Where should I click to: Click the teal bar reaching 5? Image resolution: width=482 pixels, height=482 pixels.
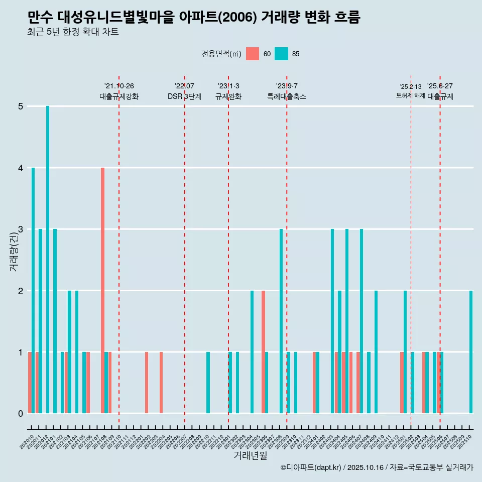48,260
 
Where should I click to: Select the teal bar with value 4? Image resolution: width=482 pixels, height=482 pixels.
33,290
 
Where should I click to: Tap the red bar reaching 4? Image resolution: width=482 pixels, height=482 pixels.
102,290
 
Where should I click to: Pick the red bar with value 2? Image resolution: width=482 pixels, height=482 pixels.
263,351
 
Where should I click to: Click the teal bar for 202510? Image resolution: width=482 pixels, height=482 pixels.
471,351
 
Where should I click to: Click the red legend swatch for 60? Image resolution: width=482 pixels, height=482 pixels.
253,54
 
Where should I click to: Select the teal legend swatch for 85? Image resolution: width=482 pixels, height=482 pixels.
281,54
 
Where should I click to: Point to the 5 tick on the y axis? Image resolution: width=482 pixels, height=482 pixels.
21,106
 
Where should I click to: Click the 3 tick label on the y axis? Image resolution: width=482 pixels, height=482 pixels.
21,229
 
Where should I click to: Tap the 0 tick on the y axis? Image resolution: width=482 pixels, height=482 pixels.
21,413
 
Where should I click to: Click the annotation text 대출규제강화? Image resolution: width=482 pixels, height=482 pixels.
119,96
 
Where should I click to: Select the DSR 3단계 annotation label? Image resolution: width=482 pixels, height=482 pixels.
184,96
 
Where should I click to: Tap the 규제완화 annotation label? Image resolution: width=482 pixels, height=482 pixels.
228,96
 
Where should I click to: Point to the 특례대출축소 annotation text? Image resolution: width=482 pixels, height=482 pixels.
287,96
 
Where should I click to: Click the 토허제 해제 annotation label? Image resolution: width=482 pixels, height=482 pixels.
411,95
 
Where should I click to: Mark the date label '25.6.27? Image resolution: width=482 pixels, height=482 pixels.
440,86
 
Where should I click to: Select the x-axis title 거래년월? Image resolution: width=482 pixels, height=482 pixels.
250,455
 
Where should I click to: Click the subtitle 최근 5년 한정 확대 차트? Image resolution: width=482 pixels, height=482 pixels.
73,33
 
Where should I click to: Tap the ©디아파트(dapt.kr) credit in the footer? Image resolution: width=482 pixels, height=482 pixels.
311,467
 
